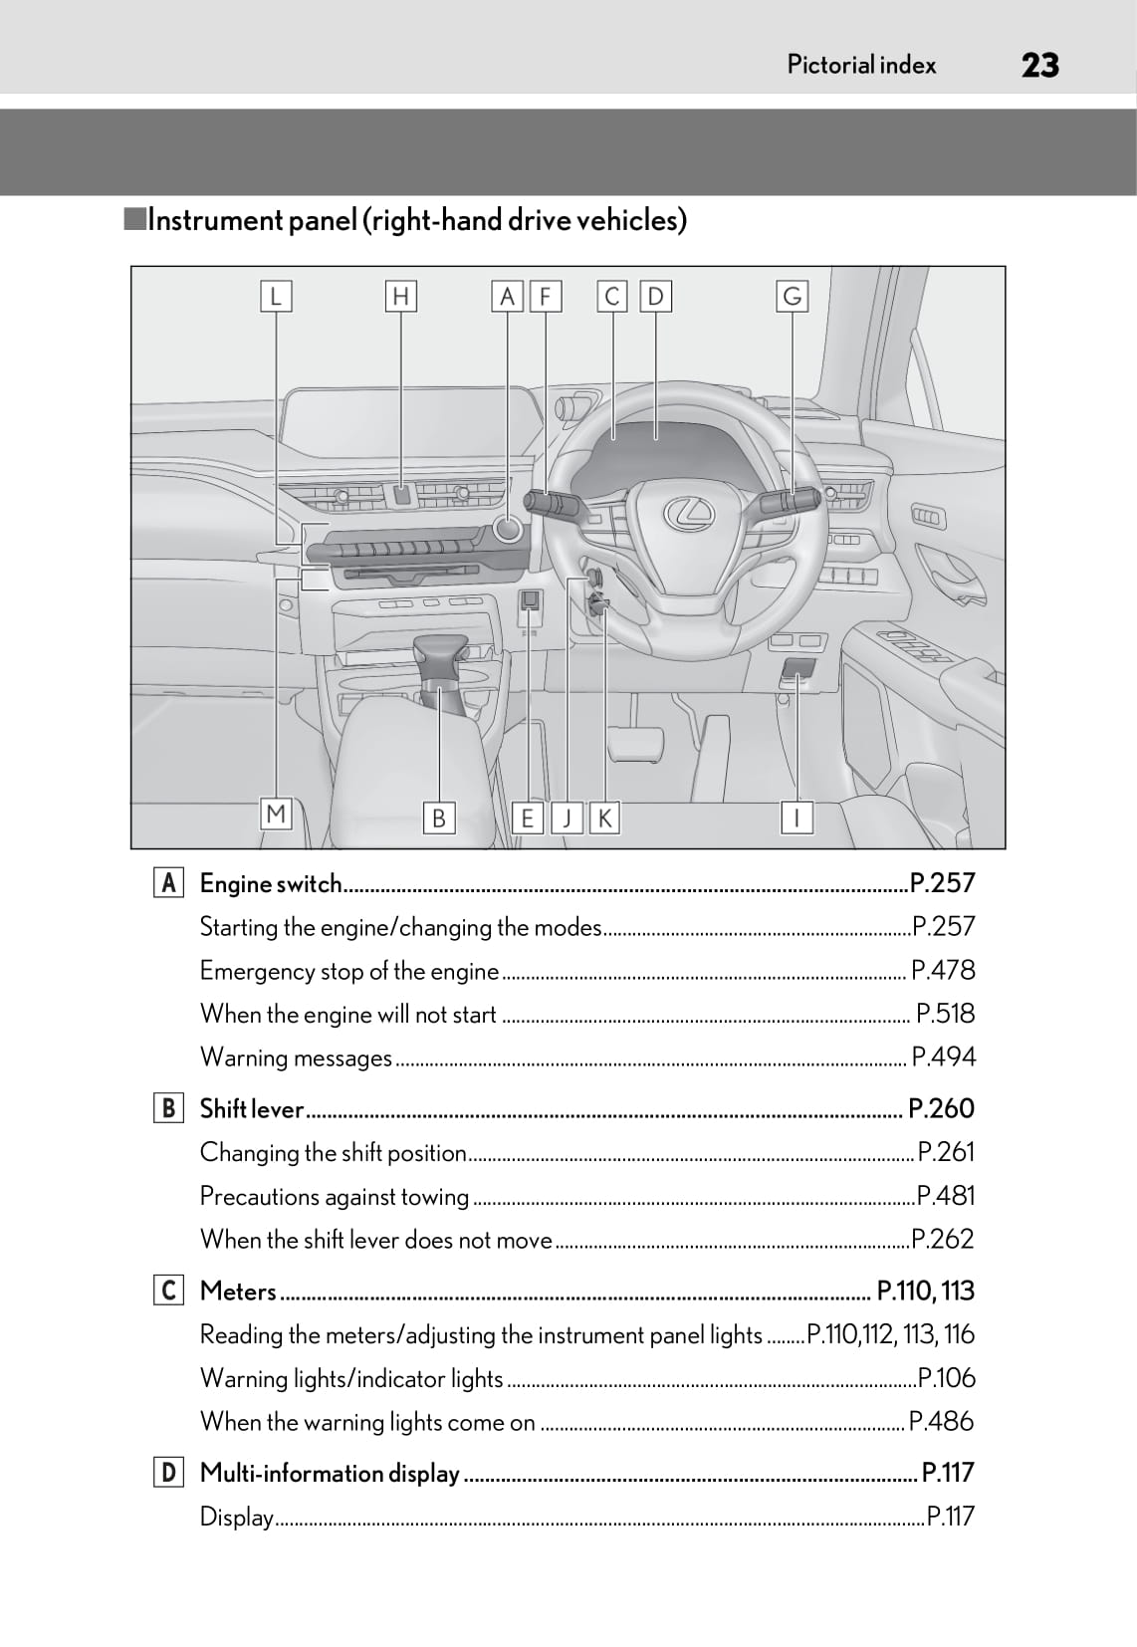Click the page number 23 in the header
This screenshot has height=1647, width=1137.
(x=1040, y=66)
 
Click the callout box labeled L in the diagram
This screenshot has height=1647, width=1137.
(x=276, y=297)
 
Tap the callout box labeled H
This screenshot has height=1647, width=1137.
(x=400, y=297)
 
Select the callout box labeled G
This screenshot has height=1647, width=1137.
(x=793, y=297)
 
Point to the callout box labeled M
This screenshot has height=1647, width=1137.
(x=276, y=814)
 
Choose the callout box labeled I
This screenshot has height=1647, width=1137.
(x=796, y=818)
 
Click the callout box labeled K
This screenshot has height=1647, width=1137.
(x=605, y=818)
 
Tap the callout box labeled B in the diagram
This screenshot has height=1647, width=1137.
(x=439, y=818)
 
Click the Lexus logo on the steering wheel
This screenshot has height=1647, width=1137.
(x=689, y=513)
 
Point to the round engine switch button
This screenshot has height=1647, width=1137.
(x=507, y=528)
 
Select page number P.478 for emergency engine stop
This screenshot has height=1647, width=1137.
(x=943, y=971)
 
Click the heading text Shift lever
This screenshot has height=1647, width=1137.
(x=252, y=1108)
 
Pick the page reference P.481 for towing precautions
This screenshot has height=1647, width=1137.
(x=945, y=1196)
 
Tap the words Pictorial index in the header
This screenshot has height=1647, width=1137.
(x=861, y=66)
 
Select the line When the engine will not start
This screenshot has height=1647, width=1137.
(x=348, y=1015)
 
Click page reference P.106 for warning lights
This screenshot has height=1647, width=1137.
(x=947, y=1378)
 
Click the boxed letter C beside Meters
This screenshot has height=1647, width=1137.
(x=168, y=1291)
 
